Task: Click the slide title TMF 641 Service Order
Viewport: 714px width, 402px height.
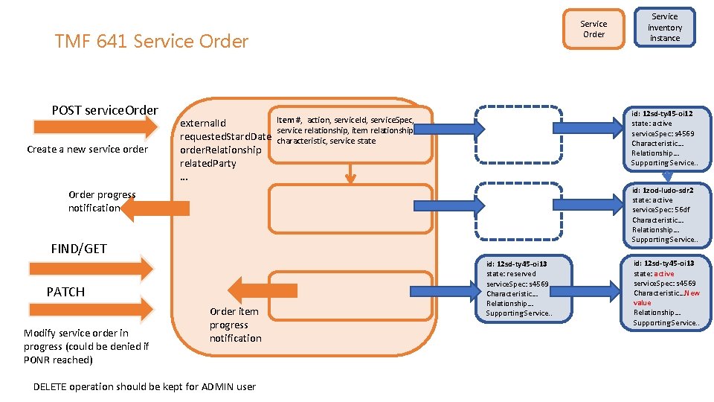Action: pyautogui.click(x=151, y=42)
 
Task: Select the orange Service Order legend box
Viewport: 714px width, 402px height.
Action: pyautogui.click(x=593, y=29)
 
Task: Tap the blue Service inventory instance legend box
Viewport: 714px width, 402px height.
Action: pyautogui.click(x=664, y=27)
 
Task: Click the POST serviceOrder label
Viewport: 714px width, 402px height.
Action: pyautogui.click(x=105, y=110)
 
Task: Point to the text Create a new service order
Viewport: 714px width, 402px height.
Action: pyautogui.click(x=87, y=149)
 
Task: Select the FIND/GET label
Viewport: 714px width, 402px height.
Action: pyautogui.click(x=78, y=249)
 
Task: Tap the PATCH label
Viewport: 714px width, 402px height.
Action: pyautogui.click(x=65, y=292)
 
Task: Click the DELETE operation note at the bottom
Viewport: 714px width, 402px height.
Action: pyautogui.click(x=144, y=386)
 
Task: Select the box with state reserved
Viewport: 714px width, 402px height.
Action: pyautogui.click(x=518, y=288)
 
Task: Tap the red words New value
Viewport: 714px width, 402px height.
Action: pyautogui.click(x=666, y=298)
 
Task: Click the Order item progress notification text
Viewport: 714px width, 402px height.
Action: pyautogui.click(x=235, y=325)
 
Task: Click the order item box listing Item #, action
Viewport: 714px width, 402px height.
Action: pyautogui.click(x=350, y=138)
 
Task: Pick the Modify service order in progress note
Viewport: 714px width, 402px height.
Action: pyautogui.click(x=86, y=346)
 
